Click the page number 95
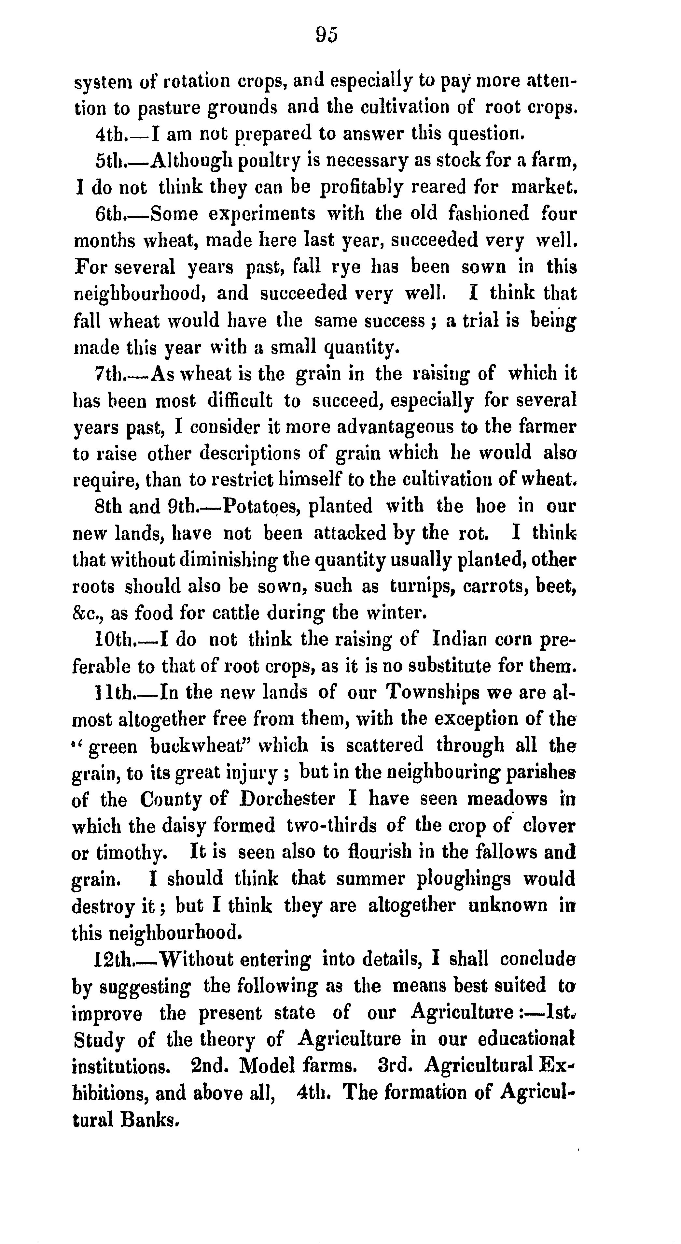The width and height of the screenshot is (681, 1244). (327, 35)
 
